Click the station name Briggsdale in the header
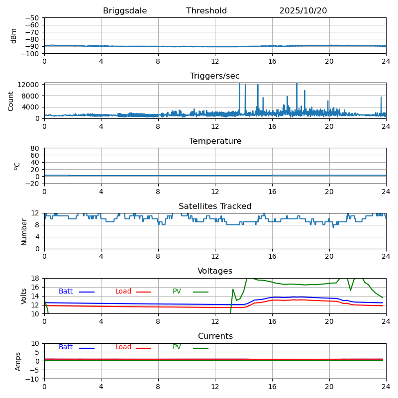[125, 11]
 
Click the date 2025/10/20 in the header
[303, 11]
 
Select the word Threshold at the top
[206, 11]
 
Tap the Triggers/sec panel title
[215, 76]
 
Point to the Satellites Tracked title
[215, 206]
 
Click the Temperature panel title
[215, 141]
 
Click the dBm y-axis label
[14, 35]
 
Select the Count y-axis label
[11, 100]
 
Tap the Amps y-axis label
[18, 361]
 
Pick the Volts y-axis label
[24, 296]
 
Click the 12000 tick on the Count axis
[29, 85]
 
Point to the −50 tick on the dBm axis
[32, 18]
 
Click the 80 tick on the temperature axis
[35, 148]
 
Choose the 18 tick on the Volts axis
[36, 278]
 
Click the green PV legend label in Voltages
[177, 292]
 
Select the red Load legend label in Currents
[123, 347]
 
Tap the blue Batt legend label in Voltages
[66, 292]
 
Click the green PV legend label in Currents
[177, 347]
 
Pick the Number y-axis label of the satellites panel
[24, 231]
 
